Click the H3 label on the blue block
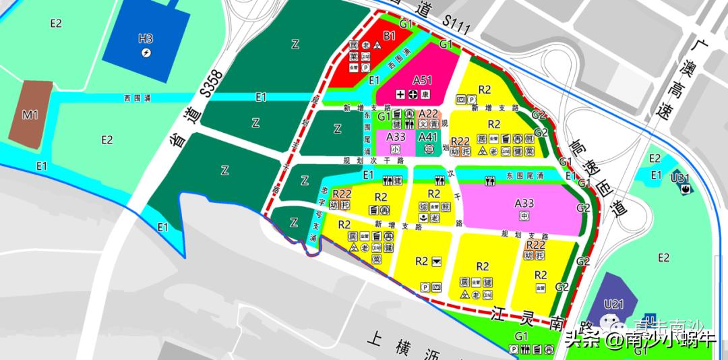pos(146,38)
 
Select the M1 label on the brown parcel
pos(30,115)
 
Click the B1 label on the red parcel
pos(389,35)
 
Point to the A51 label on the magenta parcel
pos(422,80)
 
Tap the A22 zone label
pos(429,114)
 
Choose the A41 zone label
pos(428,137)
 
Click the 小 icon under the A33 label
pos(395,149)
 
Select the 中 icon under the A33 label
pos(524,216)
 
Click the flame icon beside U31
pos(686,190)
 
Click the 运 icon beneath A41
pos(428,149)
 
